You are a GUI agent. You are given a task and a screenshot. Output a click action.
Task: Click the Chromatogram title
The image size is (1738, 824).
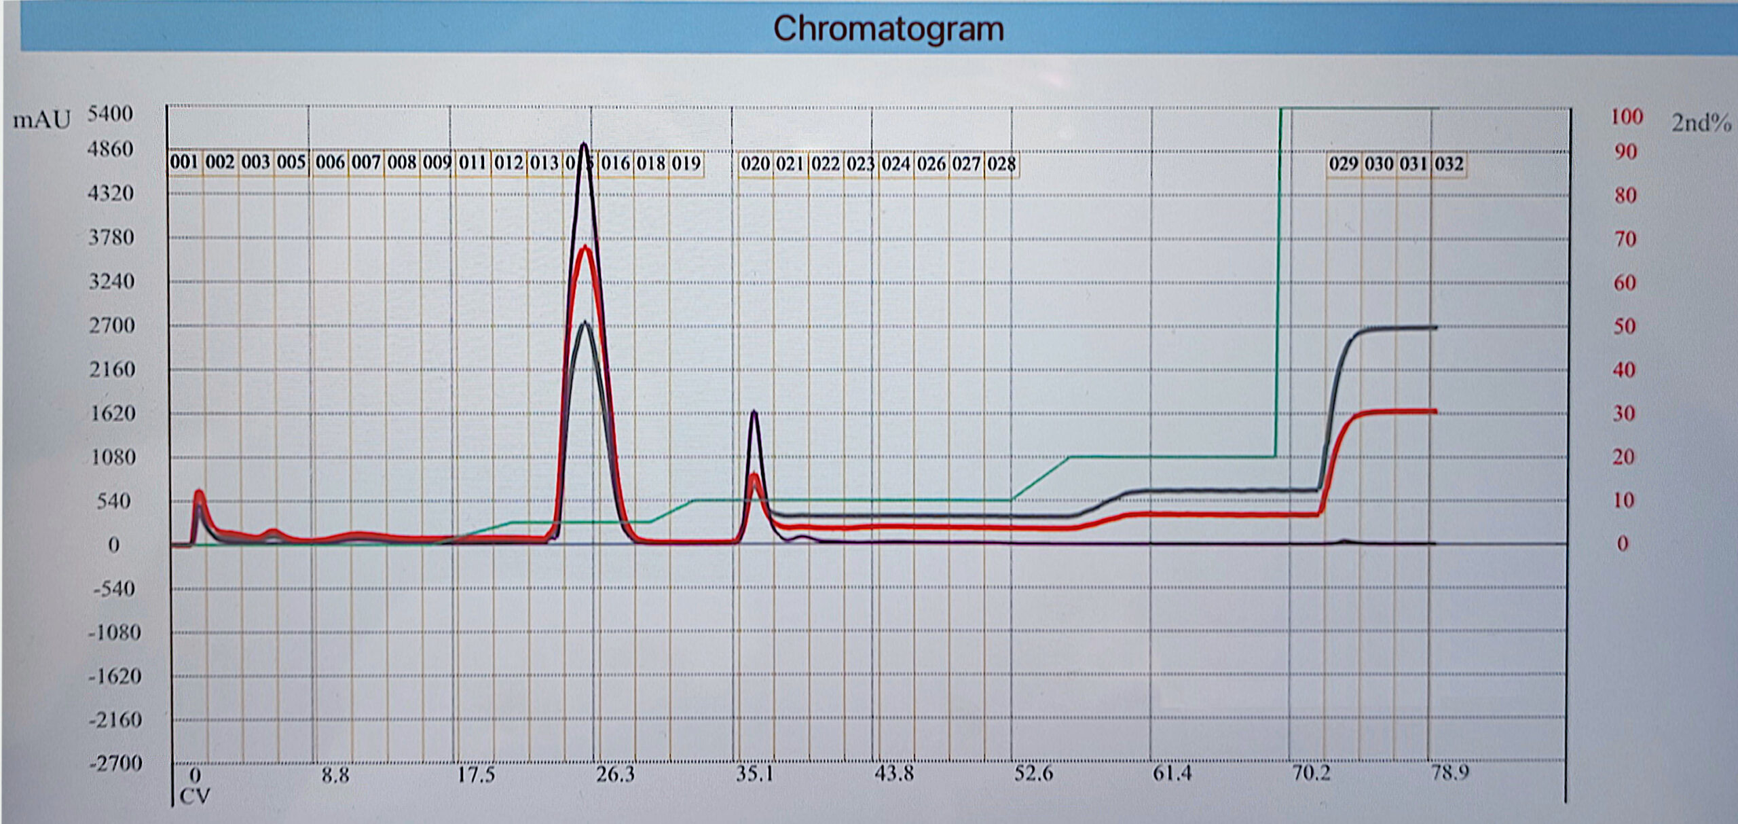click(x=888, y=29)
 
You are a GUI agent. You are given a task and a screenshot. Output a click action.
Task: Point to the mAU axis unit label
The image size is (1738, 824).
click(x=41, y=120)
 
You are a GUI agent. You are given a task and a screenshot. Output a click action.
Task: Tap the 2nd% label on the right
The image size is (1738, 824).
click(x=1701, y=123)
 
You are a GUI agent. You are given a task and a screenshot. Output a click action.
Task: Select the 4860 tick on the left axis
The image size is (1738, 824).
click(x=111, y=149)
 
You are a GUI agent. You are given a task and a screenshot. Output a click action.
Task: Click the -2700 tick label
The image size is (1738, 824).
click(x=115, y=764)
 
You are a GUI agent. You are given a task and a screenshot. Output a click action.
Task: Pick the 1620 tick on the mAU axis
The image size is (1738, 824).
click(x=113, y=414)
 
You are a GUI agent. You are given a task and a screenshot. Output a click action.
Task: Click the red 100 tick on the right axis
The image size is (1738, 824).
click(x=1627, y=117)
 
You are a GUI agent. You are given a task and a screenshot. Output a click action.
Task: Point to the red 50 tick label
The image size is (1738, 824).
click(x=1624, y=327)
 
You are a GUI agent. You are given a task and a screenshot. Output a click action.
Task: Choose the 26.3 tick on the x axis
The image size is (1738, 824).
click(x=615, y=774)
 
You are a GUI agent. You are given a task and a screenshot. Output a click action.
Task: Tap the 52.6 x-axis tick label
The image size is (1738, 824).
click(x=1033, y=774)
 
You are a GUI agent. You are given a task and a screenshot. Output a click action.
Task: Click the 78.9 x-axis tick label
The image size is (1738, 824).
click(x=1449, y=773)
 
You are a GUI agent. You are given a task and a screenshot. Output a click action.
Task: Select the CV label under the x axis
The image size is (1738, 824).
click(x=195, y=796)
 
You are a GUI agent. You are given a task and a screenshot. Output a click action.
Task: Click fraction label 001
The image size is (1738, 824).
click(x=184, y=162)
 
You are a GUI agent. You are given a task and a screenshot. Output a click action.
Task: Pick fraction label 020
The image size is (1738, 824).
click(x=755, y=164)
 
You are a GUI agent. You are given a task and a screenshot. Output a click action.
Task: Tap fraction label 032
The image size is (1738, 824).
click(x=1449, y=164)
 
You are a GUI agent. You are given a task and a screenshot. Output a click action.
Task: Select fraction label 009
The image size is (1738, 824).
click(x=437, y=163)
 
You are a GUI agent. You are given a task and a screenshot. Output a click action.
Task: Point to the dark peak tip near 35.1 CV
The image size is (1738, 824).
click(x=754, y=412)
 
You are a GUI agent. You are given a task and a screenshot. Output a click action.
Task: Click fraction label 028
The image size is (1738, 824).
click(x=1001, y=164)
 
